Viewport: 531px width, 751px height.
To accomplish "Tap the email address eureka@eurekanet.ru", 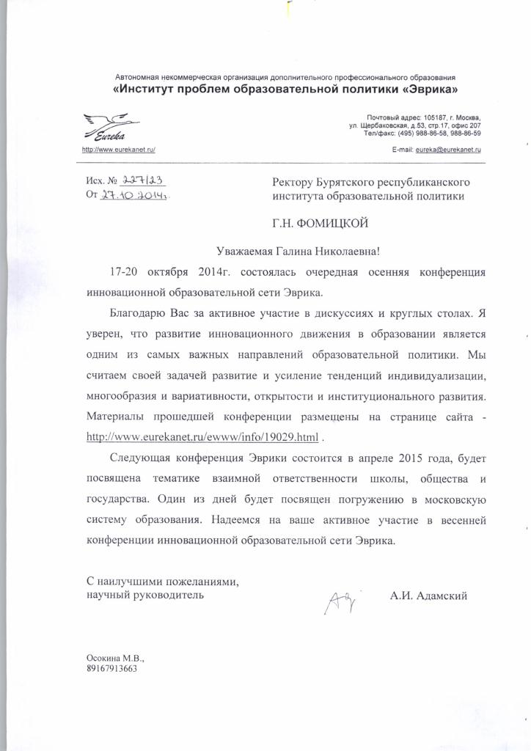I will [x=448, y=149].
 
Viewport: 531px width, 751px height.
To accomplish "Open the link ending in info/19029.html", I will [x=203, y=438].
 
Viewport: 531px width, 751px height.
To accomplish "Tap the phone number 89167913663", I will [x=111, y=669].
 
